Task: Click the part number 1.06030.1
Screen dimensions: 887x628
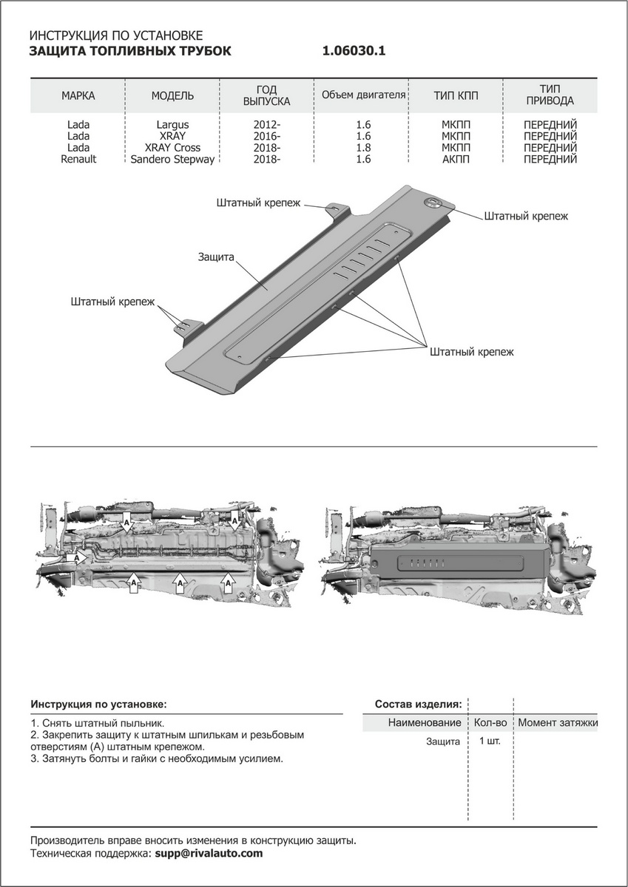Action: [x=354, y=51]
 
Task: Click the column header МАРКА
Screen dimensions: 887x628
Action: [x=78, y=96]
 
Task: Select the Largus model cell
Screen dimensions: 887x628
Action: [x=172, y=125]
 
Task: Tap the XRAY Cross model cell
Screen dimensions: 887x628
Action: [x=172, y=148]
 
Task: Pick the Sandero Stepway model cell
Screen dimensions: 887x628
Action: [x=172, y=159]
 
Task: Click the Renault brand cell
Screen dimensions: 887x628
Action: [x=78, y=159]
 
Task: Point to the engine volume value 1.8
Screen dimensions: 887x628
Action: [x=363, y=148]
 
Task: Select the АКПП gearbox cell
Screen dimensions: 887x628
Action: [x=456, y=159]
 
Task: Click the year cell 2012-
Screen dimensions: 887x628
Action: [x=266, y=125]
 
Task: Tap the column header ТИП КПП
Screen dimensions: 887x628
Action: [x=456, y=96]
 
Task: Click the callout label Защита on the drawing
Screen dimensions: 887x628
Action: [x=216, y=257]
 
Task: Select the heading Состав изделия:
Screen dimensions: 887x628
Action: [x=419, y=704]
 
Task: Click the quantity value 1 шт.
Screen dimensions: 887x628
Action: [x=490, y=741]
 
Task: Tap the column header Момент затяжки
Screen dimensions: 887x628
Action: [x=558, y=722]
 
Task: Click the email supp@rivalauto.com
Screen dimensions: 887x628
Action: [x=208, y=853]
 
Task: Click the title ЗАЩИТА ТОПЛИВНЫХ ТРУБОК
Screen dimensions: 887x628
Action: [x=129, y=51]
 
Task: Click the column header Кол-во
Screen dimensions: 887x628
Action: [x=490, y=722]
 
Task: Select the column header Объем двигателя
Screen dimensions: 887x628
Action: [x=363, y=95]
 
